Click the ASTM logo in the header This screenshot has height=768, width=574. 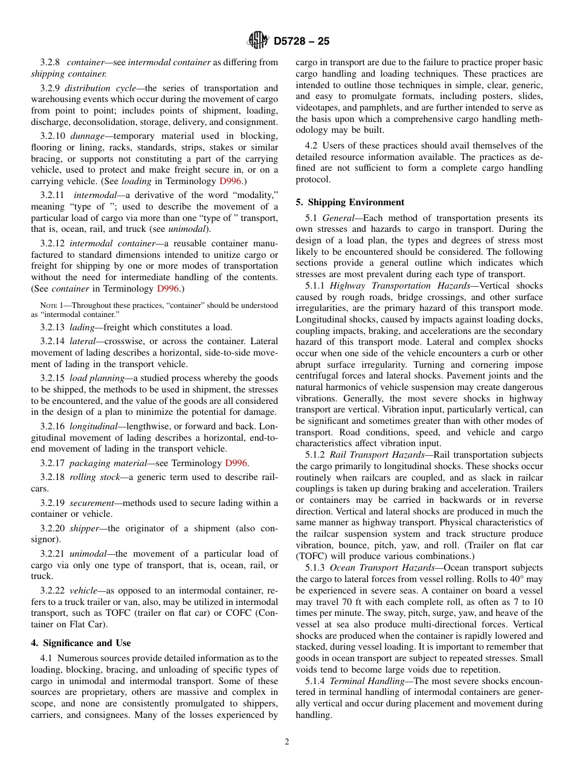coord(258,41)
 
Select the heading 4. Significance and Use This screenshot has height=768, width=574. coord(81,643)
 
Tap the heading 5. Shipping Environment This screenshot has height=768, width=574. coord(350,202)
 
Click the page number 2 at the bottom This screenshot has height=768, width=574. coord(287,742)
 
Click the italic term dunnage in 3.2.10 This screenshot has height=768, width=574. coord(89,136)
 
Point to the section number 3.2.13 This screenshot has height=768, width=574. coord(52,327)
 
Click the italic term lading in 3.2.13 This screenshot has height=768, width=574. coord(83,327)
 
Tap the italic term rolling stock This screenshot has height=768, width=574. coord(91,477)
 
